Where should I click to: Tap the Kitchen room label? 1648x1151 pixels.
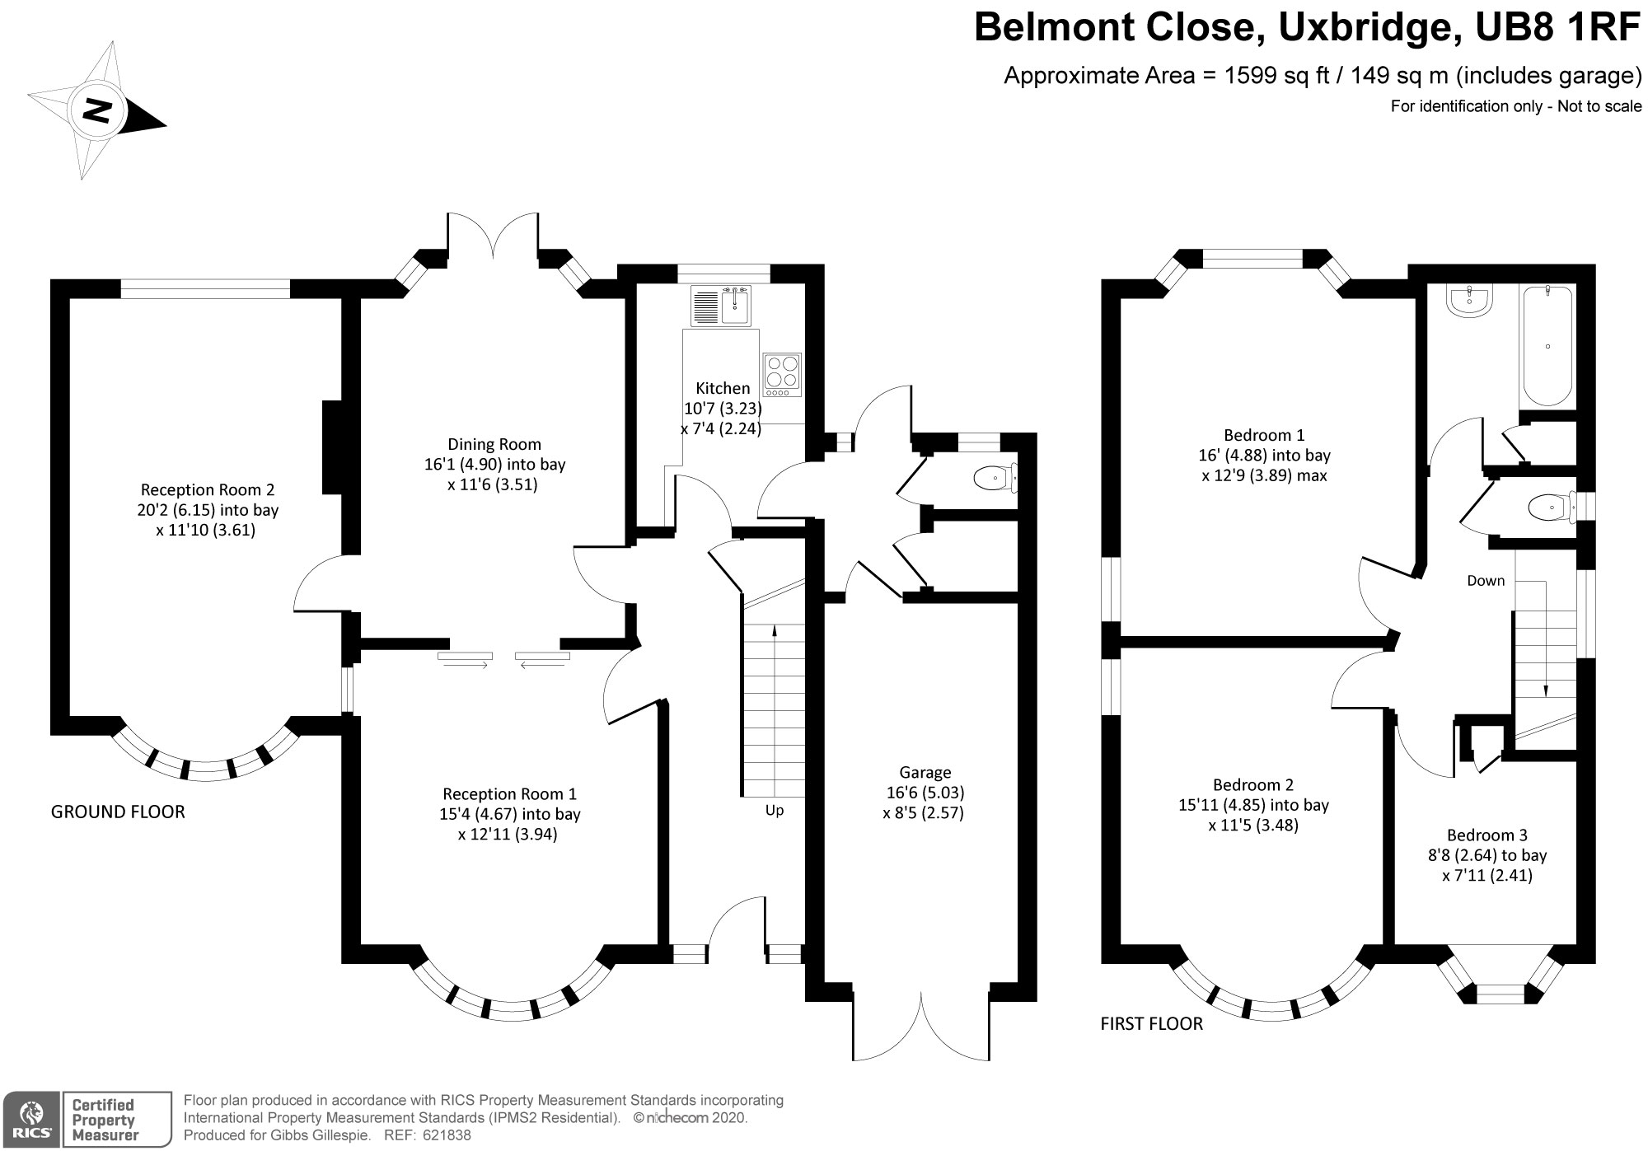(723, 388)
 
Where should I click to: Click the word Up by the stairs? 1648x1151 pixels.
(775, 811)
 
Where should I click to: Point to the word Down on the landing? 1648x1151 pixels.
(1486, 581)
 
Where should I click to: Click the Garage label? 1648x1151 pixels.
(925, 773)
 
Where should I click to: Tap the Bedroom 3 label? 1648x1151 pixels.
(1487, 835)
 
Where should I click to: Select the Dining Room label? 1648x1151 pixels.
(494, 445)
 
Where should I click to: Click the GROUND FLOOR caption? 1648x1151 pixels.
(118, 812)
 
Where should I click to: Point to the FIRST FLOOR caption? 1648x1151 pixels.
(1152, 1023)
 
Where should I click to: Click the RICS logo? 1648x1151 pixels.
(30, 1119)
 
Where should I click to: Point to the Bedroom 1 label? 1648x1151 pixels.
(1264, 435)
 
